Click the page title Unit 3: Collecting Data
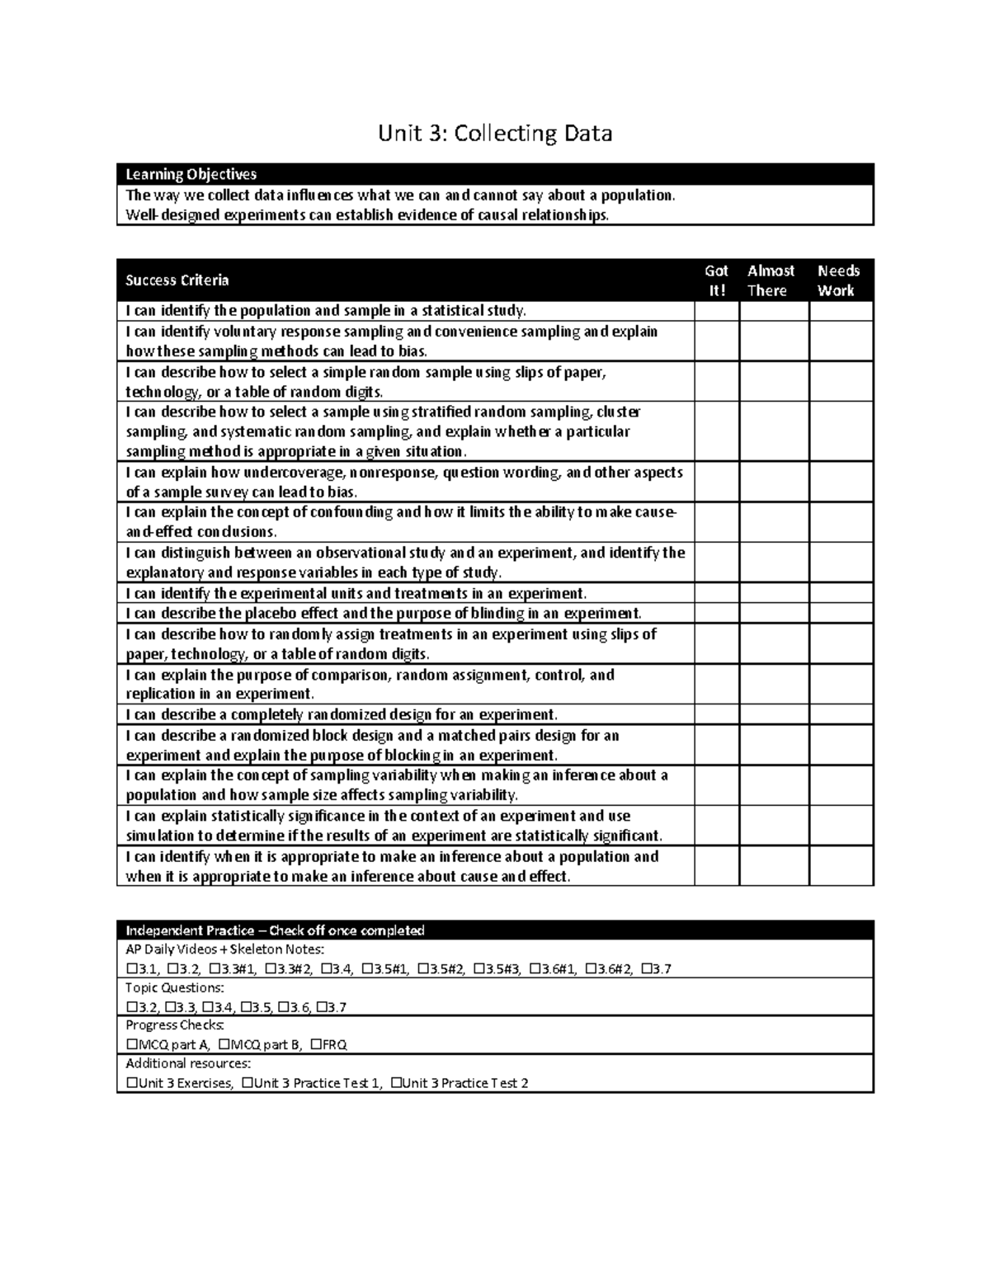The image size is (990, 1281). tap(495, 133)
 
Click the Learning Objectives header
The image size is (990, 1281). tap(191, 174)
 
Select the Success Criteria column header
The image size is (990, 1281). tap(177, 280)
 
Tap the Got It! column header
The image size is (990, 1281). tap(716, 280)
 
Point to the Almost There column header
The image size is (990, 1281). tap(771, 280)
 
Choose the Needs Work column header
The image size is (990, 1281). tap(838, 280)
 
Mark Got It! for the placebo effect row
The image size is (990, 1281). tap(716, 614)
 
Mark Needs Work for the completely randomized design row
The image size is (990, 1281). tap(841, 714)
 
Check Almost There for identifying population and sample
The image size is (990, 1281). tap(774, 311)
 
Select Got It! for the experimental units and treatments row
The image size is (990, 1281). tap(716, 593)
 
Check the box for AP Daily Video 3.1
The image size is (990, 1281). tap(131, 969)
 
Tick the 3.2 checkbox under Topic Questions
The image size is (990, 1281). tap(131, 1007)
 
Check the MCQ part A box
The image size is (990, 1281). tap(131, 1045)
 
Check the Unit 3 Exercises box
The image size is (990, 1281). tap(131, 1083)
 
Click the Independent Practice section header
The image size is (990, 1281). tap(275, 930)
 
